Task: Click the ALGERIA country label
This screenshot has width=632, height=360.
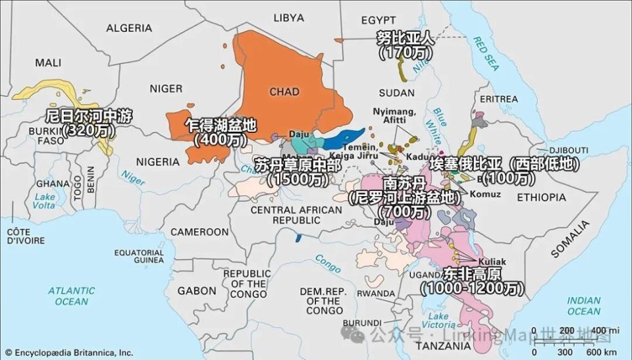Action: (x=129, y=28)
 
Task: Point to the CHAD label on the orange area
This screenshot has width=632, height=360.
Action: (x=284, y=91)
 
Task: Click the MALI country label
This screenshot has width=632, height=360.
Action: (x=47, y=63)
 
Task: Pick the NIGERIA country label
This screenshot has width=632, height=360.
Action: (x=157, y=161)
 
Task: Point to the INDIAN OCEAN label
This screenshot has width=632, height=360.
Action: (x=585, y=305)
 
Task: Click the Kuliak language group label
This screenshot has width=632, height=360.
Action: (x=493, y=261)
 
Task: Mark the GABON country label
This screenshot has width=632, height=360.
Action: (x=196, y=290)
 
